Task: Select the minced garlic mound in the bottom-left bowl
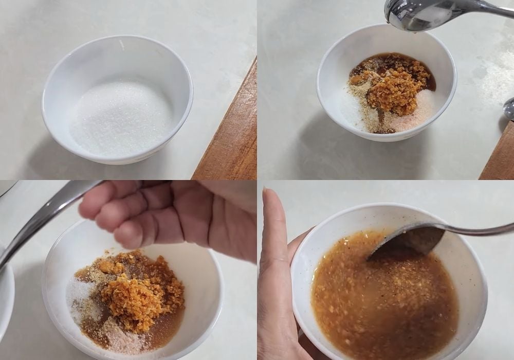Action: (x=128, y=293)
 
